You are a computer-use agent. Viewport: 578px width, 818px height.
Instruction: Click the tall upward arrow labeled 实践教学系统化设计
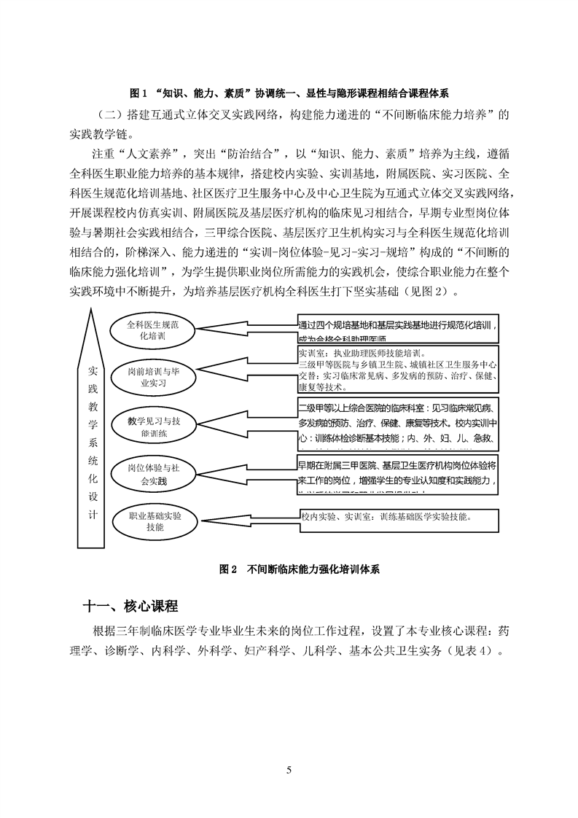[x=90, y=430]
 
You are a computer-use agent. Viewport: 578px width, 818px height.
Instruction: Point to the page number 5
[x=289, y=769]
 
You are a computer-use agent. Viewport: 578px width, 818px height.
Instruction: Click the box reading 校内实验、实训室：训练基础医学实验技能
[x=397, y=521]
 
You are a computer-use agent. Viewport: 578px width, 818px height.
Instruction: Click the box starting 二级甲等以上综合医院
[x=397, y=422]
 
